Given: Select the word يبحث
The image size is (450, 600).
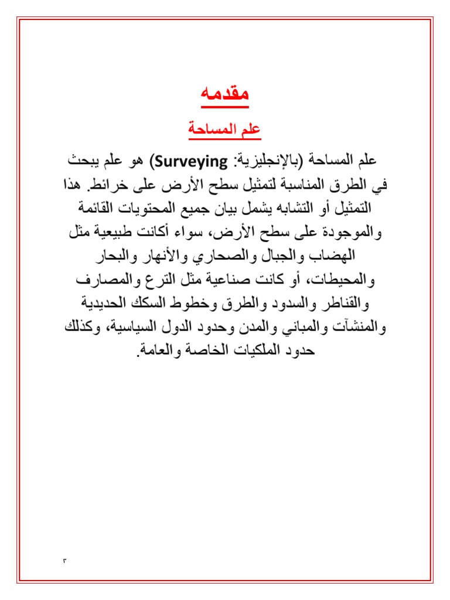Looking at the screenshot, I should tap(81, 160).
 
